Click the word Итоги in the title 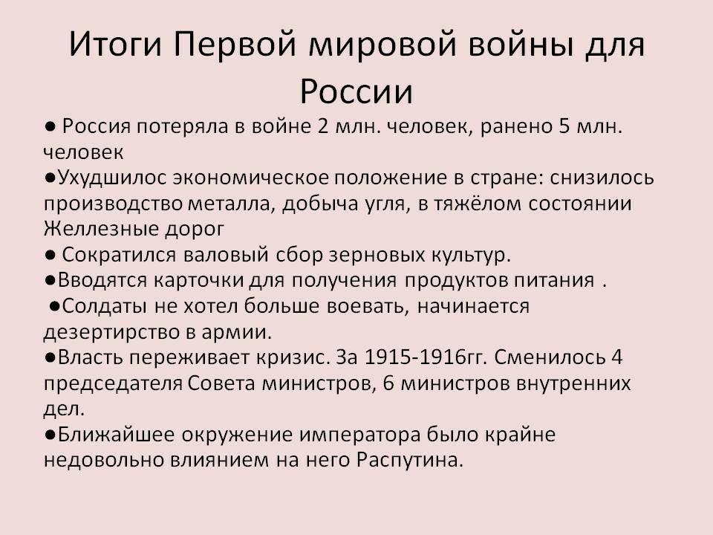[115, 45]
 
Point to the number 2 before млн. [323, 126]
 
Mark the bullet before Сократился [50, 255]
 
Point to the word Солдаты [105, 306]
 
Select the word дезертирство [111, 333]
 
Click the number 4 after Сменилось [616, 357]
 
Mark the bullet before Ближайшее [50, 435]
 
